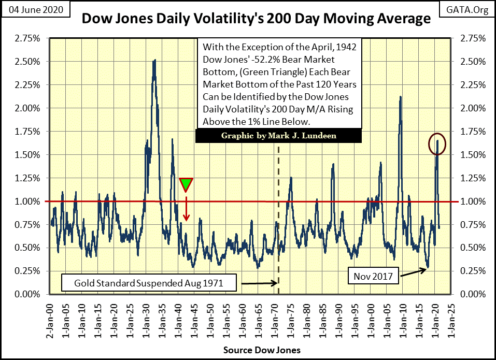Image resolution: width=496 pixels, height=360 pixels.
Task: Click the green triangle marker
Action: [x=186, y=184]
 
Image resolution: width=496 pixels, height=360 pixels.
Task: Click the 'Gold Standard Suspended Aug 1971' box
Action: [x=149, y=283]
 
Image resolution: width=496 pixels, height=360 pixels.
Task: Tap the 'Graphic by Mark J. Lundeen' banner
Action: [x=279, y=136]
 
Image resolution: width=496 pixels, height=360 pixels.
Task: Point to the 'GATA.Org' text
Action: [x=471, y=9]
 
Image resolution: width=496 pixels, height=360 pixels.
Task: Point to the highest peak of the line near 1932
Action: [x=154, y=61]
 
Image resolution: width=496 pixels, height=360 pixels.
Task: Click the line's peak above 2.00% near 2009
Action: [x=401, y=97]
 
